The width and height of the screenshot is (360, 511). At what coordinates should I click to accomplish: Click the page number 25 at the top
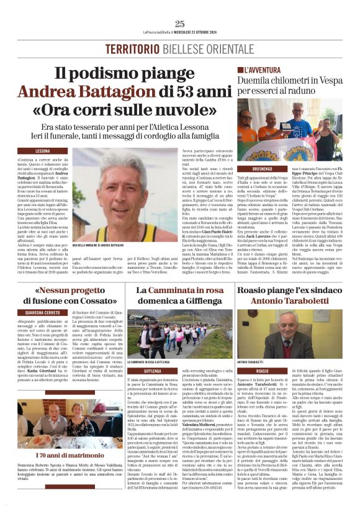(179, 24)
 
